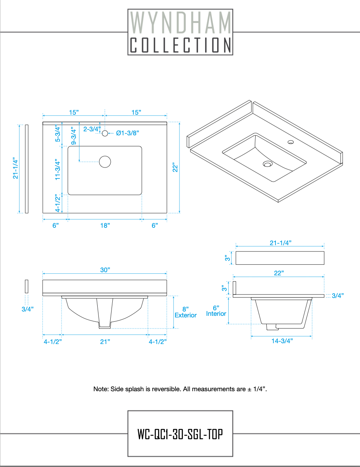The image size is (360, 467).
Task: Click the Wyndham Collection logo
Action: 180,32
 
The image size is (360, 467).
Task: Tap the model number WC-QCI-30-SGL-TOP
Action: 180,434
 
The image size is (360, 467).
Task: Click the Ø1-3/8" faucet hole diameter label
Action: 127,133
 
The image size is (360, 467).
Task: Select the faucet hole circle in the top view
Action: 105,133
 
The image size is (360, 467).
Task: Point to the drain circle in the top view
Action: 105,161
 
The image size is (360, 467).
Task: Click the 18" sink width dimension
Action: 105,225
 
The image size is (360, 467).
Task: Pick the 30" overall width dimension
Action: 105,270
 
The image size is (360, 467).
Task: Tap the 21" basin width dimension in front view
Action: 105,342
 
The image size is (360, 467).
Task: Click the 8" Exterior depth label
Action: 186,312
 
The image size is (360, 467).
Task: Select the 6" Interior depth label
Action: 216,310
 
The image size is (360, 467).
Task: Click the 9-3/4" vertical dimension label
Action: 73,136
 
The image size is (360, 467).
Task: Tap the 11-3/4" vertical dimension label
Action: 58,170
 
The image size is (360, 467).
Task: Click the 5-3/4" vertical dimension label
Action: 58,134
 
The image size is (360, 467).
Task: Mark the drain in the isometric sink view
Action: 268,163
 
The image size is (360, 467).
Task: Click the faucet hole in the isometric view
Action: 291,142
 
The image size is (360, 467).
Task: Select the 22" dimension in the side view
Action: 279,273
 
